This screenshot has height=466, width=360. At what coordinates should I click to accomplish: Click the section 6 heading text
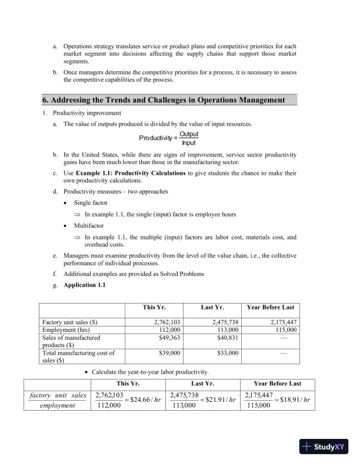tap(164, 100)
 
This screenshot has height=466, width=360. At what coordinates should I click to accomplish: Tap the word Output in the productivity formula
tap(189, 134)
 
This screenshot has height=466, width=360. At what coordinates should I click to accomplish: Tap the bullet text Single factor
tap(92, 203)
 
